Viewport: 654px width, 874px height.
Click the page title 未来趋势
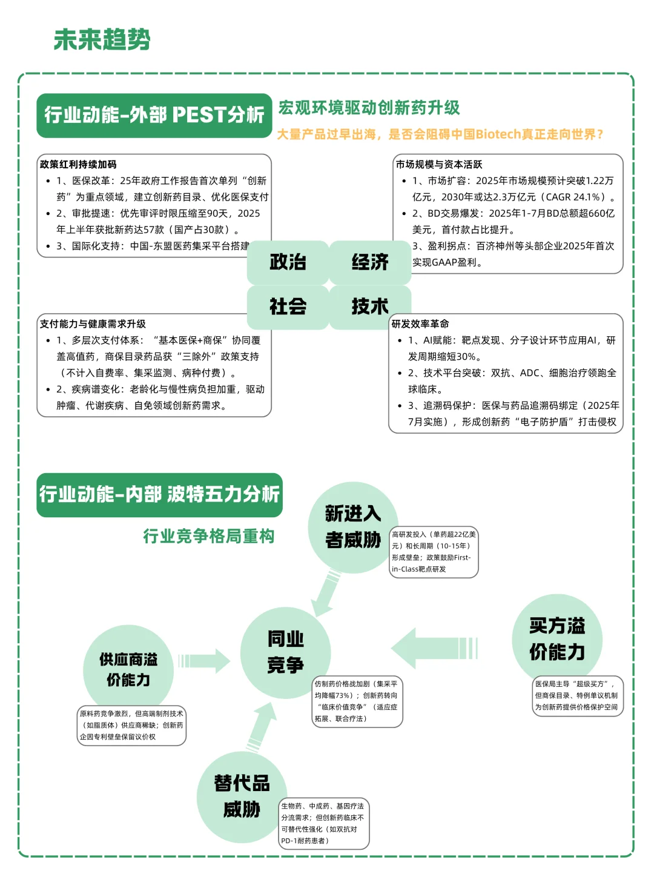point(102,40)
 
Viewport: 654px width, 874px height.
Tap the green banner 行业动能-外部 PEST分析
point(154,115)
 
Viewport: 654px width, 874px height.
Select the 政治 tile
point(288,262)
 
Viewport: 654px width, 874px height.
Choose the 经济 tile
point(370,262)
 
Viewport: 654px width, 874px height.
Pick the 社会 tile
point(288,306)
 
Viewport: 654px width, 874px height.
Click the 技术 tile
point(370,306)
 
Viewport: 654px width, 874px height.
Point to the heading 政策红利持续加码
point(78,164)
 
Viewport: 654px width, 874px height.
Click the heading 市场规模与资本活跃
point(439,164)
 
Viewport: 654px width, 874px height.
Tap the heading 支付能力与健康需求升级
point(93,323)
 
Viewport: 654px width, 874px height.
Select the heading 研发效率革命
point(420,323)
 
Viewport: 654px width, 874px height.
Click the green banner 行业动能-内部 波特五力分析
point(159,494)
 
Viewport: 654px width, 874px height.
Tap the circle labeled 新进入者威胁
point(352,528)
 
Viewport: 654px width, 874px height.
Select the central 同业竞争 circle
point(285,652)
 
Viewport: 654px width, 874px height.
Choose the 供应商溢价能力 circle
point(128,669)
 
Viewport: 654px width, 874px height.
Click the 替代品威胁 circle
point(242,796)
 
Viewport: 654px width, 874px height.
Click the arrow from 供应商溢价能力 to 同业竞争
point(204,660)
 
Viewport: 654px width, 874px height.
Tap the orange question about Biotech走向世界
point(440,134)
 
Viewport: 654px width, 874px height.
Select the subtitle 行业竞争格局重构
point(209,536)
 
